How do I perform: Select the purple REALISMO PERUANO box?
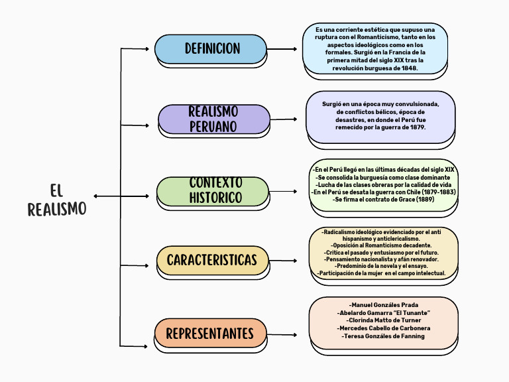point(213,119)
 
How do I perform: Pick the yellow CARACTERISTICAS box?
point(212,260)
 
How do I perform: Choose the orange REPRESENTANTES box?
point(210,334)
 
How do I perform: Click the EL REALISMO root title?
point(57,200)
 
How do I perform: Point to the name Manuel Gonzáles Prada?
point(384,304)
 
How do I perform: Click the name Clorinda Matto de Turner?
point(384,320)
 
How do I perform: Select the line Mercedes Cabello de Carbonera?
point(384,328)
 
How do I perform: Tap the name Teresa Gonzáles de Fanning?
point(384,336)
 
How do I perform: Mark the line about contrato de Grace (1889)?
point(384,199)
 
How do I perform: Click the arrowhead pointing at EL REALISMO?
point(97,196)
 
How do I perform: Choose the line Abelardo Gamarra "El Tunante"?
point(384,312)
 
